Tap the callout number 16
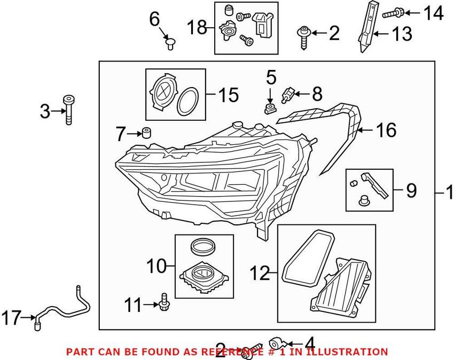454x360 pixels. (x=386, y=130)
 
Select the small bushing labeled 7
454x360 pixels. (x=144, y=132)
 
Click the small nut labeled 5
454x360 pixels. (x=270, y=109)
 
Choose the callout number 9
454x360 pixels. (x=411, y=190)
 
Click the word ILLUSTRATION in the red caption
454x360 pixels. (x=348, y=352)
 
